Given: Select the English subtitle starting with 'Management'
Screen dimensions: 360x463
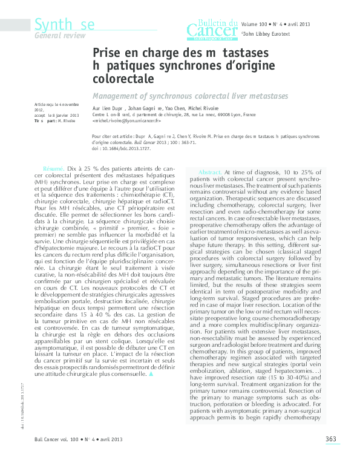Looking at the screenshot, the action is pos(190,96).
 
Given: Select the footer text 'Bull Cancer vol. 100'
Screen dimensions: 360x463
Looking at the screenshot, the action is pos(58,439).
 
